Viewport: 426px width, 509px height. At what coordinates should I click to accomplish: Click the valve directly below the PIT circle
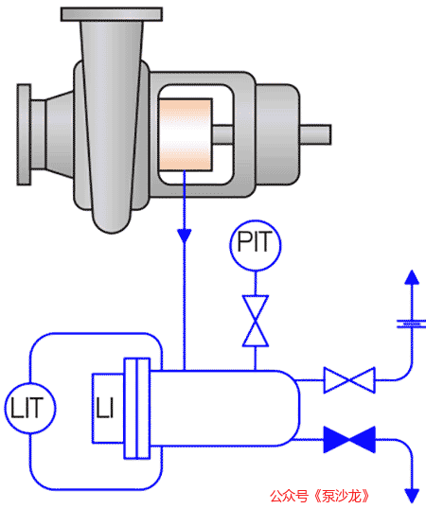coord(256,321)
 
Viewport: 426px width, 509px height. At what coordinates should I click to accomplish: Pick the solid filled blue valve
coord(349,440)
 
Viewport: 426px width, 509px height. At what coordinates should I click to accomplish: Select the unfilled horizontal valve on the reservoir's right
coord(349,379)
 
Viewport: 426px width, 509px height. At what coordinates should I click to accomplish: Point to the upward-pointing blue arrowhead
coord(412,277)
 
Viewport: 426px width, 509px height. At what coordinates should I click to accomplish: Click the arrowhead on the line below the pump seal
coord(185,236)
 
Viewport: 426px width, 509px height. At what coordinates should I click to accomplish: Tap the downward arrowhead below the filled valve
coord(413,496)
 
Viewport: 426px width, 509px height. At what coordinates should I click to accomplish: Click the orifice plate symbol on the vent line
coord(412,324)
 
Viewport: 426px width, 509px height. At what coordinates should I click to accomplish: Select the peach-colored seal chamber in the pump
coord(186,134)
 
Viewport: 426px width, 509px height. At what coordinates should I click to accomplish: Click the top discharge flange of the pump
coord(112,14)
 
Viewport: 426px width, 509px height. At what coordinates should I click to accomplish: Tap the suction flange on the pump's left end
coord(24,134)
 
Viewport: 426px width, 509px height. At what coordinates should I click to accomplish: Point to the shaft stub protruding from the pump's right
coord(315,134)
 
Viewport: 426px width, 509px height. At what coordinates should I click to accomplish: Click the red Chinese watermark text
coord(320,496)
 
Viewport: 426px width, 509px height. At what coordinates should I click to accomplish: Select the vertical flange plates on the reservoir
coord(137,409)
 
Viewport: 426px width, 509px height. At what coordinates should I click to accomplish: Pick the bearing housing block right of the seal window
coord(277,134)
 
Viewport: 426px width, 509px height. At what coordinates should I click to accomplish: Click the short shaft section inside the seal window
coord(223,134)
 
